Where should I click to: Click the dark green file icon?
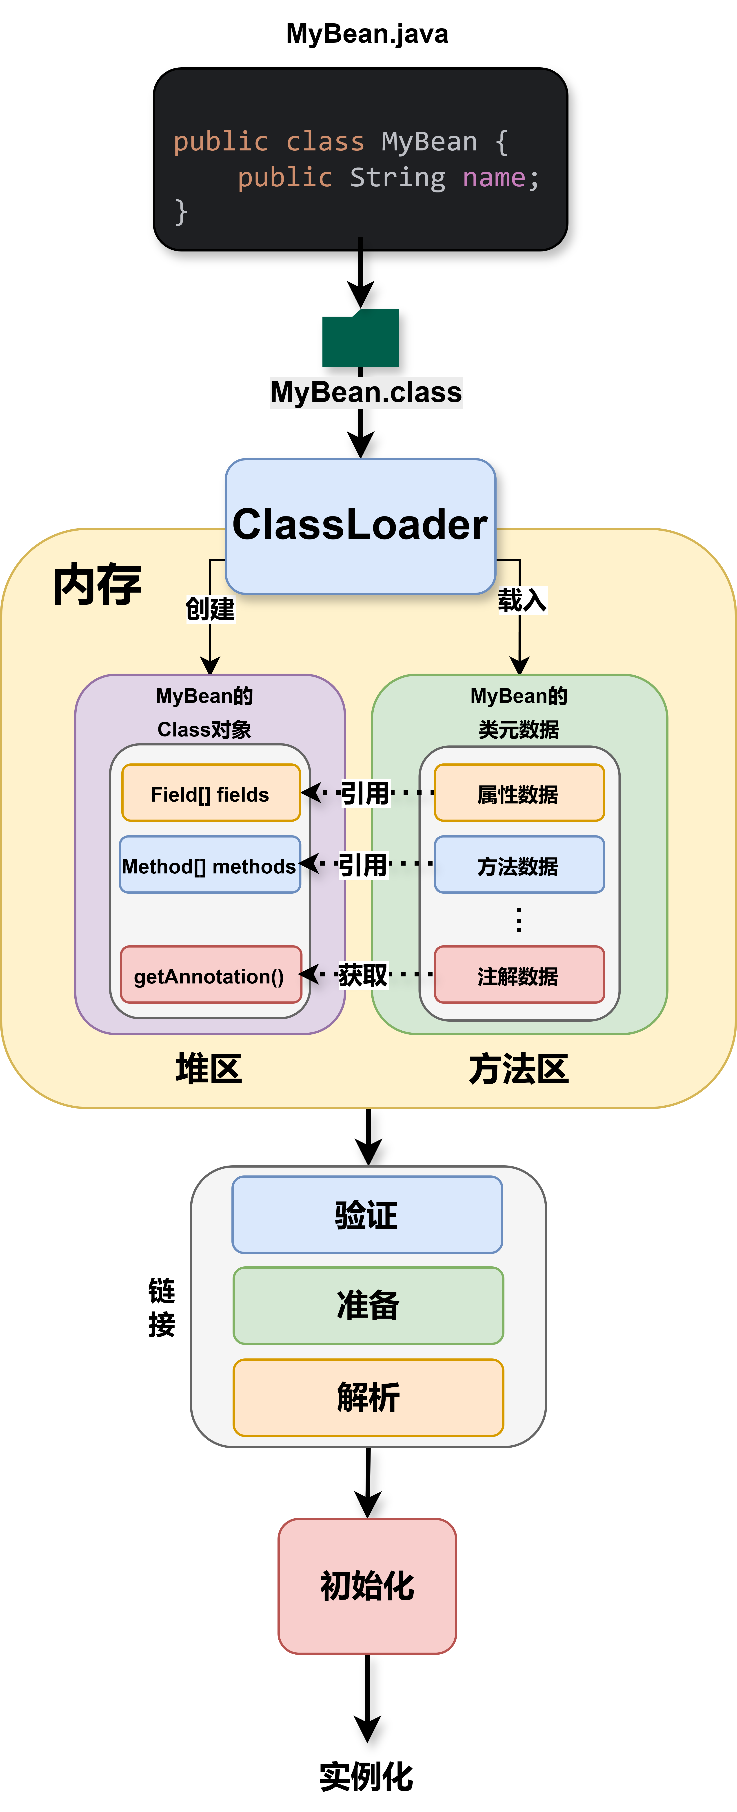pos(360,338)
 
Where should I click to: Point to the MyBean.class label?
pos(366,392)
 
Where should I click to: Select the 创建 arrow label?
pos(210,608)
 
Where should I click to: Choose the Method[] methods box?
pos(210,865)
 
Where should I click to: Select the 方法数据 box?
pos(519,865)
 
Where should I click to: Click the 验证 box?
pos(367,1215)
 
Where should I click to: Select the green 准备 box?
pos(368,1305)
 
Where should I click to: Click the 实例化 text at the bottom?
pos(366,1776)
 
